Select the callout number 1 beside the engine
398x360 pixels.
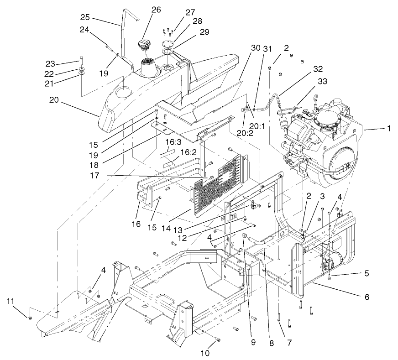388,129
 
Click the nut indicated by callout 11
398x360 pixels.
30,317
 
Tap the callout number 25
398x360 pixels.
85,17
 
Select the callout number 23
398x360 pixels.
50,63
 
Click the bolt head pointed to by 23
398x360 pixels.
81,58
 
